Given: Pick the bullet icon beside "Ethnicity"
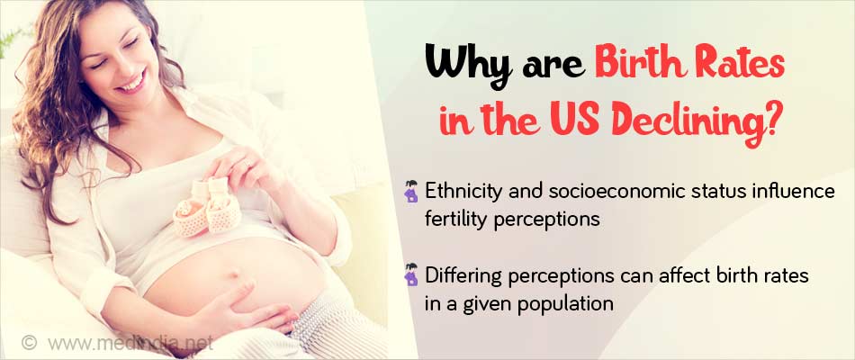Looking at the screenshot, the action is click(411, 192).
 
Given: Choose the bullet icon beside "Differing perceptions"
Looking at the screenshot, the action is click(411, 274).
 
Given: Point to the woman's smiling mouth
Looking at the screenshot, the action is click(131, 83).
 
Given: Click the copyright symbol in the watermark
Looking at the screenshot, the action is click(29, 343).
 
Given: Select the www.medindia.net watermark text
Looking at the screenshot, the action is click(130, 343).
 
